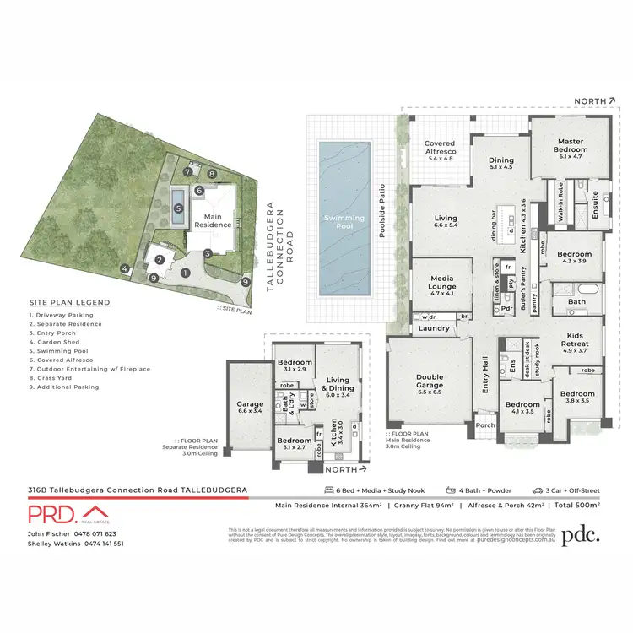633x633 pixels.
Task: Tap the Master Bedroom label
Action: [571, 147]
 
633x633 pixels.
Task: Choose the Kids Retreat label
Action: [580, 345]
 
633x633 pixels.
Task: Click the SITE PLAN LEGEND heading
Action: [69, 302]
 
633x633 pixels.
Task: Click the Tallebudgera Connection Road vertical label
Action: [280, 245]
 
